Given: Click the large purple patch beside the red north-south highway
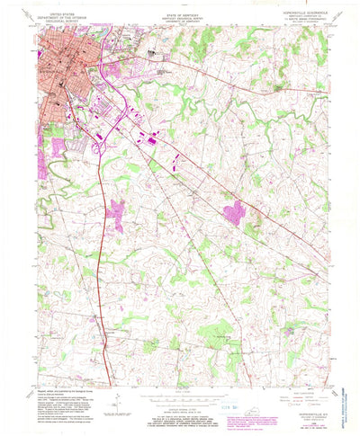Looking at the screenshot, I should [x=116, y=217].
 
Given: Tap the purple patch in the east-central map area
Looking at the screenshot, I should [x=234, y=212].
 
